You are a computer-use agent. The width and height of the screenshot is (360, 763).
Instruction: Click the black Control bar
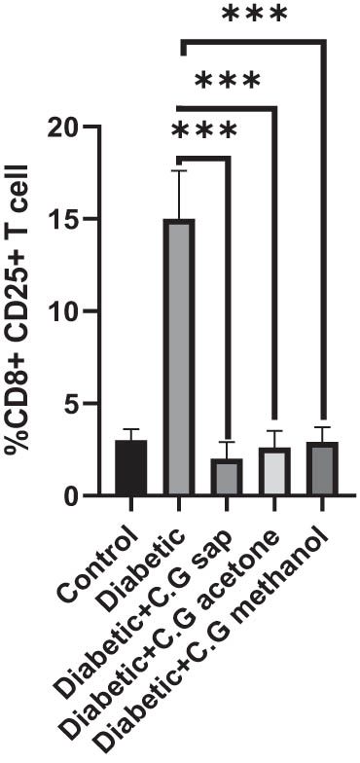point(130,468)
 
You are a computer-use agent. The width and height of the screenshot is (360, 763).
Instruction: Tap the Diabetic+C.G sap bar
point(229,477)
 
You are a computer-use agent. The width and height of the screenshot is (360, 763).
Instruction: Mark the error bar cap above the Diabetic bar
point(179,170)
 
